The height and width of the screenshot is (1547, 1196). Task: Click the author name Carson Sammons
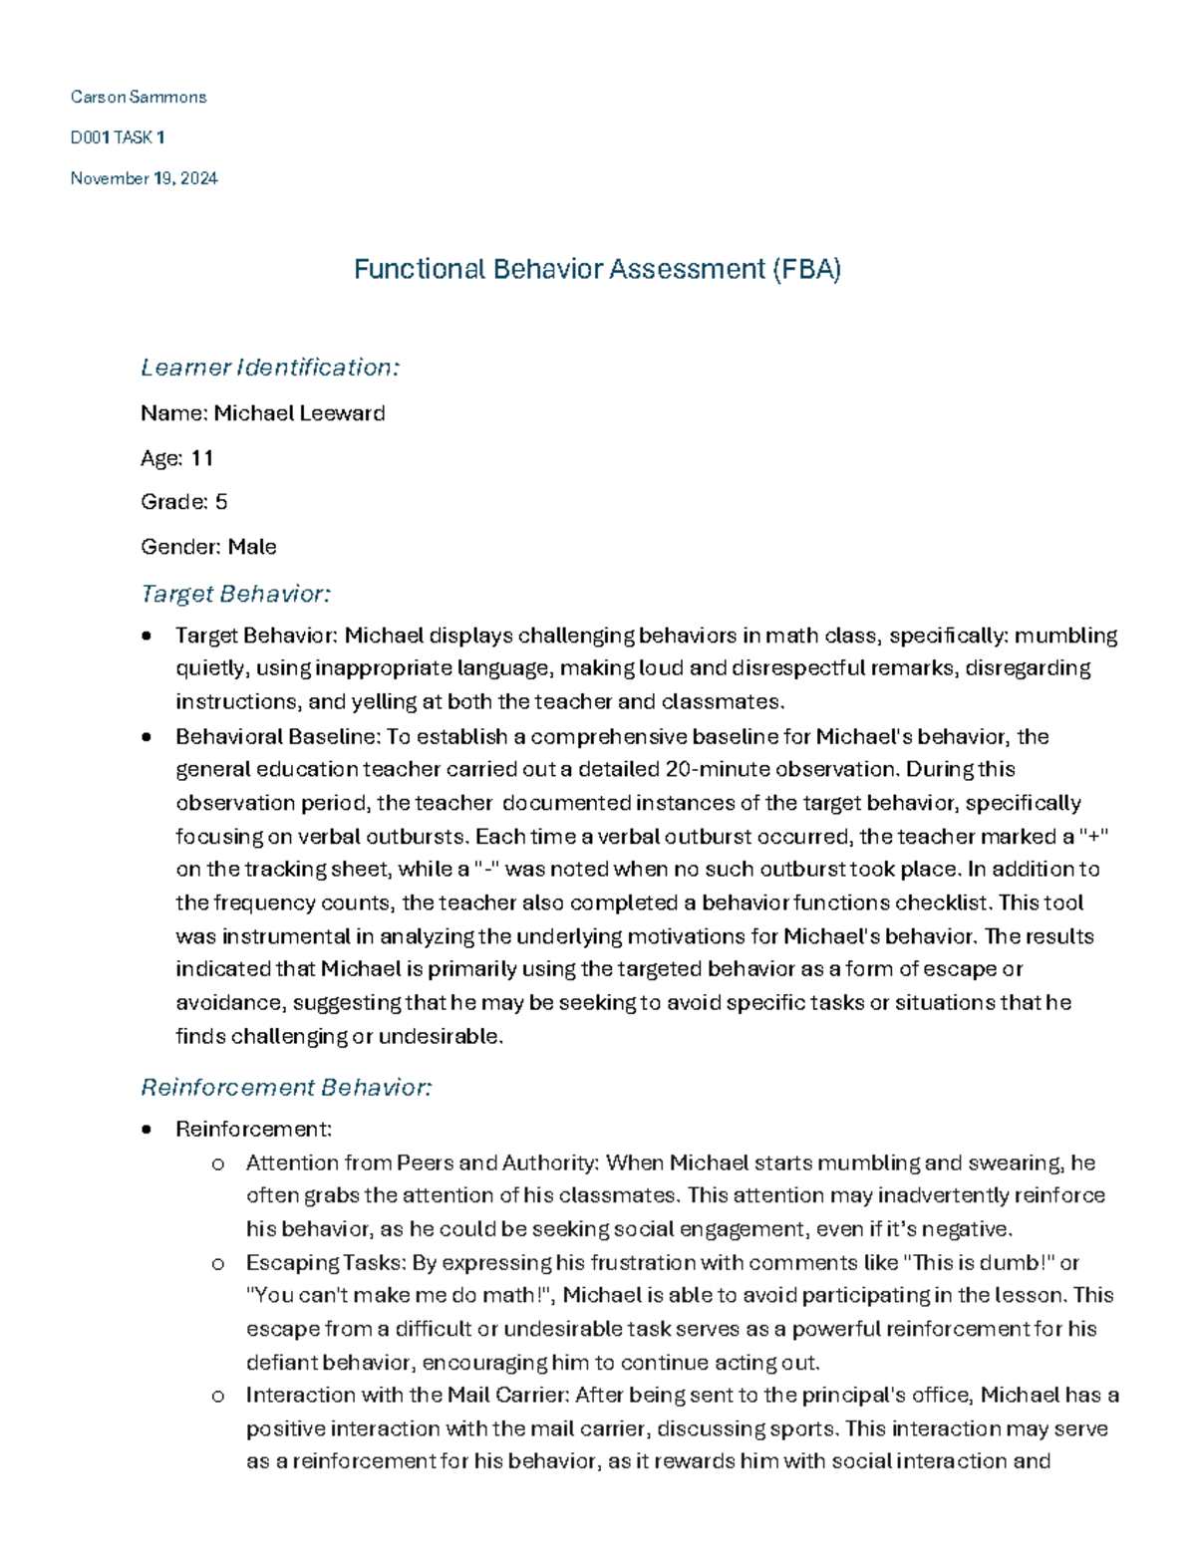click(x=139, y=97)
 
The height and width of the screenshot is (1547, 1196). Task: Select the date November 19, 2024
click(x=144, y=178)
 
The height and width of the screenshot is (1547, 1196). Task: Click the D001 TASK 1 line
click(x=118, y=137)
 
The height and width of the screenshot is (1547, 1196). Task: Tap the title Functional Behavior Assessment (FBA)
click(x=597, y=269)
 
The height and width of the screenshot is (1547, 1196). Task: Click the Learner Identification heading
click(x=270, y=368)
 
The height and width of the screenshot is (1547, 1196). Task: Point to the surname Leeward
click(x=342, y=413)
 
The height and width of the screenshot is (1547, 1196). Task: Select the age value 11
click(x=202, y=458)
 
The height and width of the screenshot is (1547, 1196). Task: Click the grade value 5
click(x=221, y=502)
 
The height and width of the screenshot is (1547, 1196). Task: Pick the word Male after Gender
click(x=252, y=547)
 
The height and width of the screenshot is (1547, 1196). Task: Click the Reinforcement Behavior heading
click(x=286, y=1087)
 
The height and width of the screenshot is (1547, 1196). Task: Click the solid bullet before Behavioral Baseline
click(x=148, y=737)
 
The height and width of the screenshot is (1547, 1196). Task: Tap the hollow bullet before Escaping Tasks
click(x=218, y=1263)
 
